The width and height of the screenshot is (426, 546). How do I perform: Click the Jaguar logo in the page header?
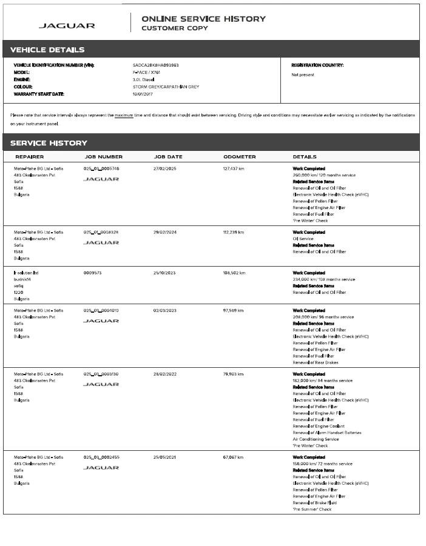(67, 25)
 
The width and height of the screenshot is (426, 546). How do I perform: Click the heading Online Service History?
(203, 19)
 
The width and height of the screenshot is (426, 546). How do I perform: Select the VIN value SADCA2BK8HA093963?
(155, 65)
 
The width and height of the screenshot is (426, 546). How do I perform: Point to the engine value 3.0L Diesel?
(144, 79)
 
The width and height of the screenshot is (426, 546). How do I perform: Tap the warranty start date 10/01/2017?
(143, 94)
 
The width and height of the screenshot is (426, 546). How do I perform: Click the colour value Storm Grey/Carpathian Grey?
(166, 87)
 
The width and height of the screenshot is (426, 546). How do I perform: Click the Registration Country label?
(317, 65)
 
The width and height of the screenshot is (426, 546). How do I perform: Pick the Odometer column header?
(239, 157)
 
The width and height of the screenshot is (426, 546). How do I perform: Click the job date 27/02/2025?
(164, 168)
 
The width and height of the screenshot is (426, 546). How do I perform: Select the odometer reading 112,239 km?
(234, 232)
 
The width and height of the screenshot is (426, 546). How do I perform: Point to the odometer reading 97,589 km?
(233, 310)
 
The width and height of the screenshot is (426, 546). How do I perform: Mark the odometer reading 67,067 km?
(233, 457)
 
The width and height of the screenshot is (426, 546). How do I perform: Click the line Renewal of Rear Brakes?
(316, 362)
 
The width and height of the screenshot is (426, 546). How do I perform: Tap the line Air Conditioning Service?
(316, 439)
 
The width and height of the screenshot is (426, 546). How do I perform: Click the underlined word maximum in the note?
(124, 115)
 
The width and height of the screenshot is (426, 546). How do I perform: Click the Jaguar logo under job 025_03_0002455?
(101, 468)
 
